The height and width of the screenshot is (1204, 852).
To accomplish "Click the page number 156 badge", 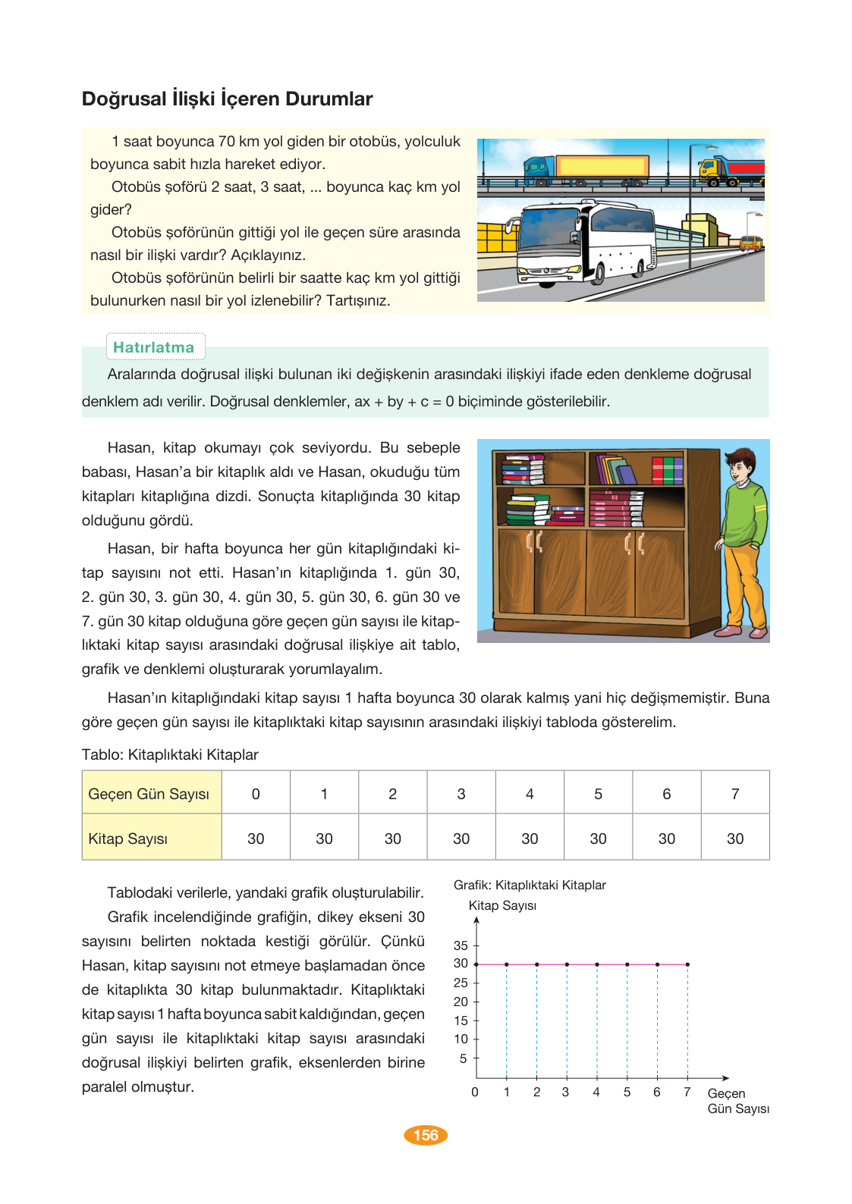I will [426, 1135].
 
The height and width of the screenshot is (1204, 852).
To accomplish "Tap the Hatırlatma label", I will [154, 347].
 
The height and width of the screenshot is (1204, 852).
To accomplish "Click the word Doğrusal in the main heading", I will [124, 99].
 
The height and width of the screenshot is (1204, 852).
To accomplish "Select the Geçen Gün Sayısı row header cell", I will [151, 794].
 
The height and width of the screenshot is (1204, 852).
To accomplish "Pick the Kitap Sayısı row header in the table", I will [151, 839].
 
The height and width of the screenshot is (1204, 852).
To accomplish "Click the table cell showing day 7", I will [734, 794].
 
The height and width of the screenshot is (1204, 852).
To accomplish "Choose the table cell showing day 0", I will [256, 794].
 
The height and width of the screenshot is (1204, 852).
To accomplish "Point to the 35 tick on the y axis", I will [461, 945].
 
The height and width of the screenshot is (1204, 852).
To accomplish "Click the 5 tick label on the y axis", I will [463, 1058].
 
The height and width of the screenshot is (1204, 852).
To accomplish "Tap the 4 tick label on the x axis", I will [596, 1093].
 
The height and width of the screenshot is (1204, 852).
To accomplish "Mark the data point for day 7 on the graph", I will [687, 964].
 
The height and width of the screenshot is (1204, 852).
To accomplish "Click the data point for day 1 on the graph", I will [507, 964].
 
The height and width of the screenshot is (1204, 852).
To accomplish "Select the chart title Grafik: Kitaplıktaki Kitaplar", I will [530, 885].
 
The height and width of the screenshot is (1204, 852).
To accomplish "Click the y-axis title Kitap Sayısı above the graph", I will [502, 905].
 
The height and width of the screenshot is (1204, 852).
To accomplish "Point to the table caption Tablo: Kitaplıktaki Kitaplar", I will [170, 754].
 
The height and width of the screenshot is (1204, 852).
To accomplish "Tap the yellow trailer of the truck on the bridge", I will [602, 167].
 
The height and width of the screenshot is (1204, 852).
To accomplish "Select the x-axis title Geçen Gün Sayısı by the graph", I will [737, 1101].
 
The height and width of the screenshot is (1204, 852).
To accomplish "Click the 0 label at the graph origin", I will [475, 1093].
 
